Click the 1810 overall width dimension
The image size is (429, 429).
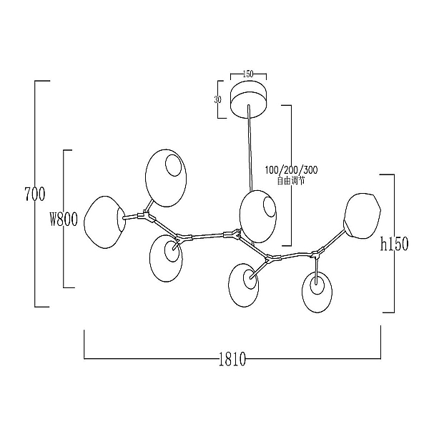pyautogui.click(x=232, y=359)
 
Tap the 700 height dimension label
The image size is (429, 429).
pyautogui.click(x=35, y=194)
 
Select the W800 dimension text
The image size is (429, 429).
pyautogui.click(x=64, y=220)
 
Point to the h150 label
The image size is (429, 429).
pyautogui.click(x=394, y=244)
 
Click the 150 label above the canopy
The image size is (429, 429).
pyautogui.click(x=248, y=74)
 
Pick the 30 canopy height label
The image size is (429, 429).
pyautogui.click(x=218, y=99)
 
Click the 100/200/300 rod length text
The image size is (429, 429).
pyautogui.click(x=292, y=170)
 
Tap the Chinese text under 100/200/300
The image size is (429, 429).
pyautogui.click(x=291, y=181)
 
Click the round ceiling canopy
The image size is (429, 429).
pyautogui.click(x=248, y=100)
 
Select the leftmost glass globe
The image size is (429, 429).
pyautogui.click(x=105, y=222)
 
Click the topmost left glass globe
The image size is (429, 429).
pyautogui.click(x=166, y=178)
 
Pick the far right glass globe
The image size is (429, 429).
pyautogui.click(x=362, y=216)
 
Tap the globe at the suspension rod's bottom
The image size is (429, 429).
pyautogui.click(x=257, y=217)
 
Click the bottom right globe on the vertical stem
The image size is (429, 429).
pyautogui.click(x=317, y=292)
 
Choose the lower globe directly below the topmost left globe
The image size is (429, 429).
pyautogui.click(x=166, y=259)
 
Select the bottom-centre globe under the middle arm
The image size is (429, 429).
pyautogui.click(x=243, y=285)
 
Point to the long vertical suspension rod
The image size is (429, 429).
pyautogui.click(x=250, y=148)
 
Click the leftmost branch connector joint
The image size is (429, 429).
pyautogui.click(x=146, y=216)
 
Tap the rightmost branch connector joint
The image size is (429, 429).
pyautogui.click(x=317, y=254)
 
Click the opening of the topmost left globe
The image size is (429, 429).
pyautogui.click(x=174, y=165)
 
